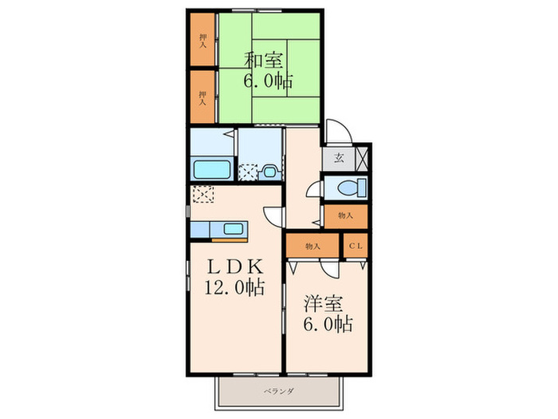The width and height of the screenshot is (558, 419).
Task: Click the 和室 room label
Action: pos(263,60)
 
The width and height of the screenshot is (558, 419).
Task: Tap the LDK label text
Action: pos(235,266)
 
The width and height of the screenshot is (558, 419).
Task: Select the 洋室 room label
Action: pos(323,304)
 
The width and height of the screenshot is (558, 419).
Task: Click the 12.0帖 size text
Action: pos(234,287)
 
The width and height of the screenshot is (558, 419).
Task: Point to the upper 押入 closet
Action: pos(202,40)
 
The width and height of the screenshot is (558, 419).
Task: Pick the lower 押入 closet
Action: pos(202,97)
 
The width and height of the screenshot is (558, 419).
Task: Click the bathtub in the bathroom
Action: pos(212,169)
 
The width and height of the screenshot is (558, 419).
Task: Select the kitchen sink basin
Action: pos(234,229)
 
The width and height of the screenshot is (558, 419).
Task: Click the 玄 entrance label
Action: pos(339,158)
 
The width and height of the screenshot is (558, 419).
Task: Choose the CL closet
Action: pos(356,246)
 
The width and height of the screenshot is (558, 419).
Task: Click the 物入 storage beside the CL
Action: pos(312,246)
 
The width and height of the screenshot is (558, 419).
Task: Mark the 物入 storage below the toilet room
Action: pos(345,216)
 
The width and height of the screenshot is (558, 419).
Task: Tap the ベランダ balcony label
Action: pos(279,391)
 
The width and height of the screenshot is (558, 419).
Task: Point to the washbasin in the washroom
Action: pos(269,172)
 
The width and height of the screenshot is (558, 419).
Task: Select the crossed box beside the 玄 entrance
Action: pos(361,158)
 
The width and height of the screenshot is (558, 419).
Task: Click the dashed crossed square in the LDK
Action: pos(203,194)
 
